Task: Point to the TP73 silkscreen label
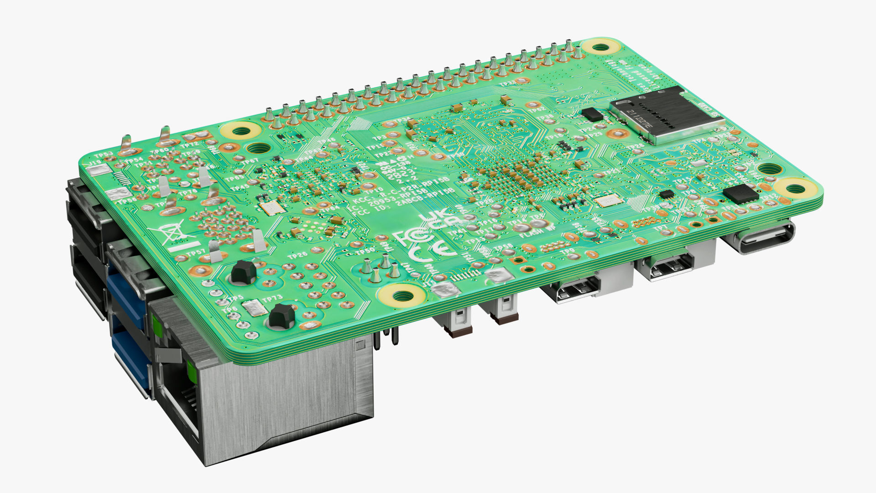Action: tap(272, 299)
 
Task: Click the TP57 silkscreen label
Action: tap(196, 252)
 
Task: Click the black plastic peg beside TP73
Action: tap(280, 316)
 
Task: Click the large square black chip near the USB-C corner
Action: tap(740, 194)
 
